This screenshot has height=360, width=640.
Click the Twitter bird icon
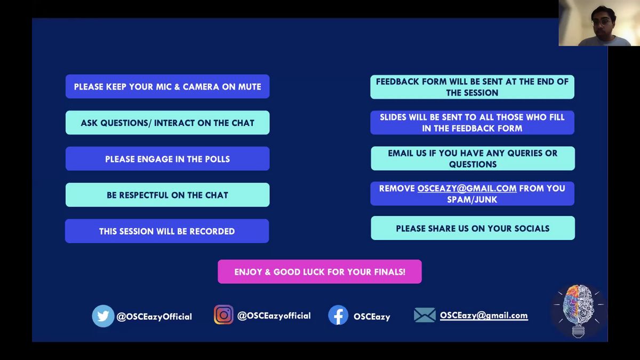point(103,316)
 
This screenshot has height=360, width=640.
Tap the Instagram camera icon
point(223,315)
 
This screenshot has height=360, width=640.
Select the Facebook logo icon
point(338,315)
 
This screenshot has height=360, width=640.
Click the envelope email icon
point(425,315)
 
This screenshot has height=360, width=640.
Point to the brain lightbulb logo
point(578,311)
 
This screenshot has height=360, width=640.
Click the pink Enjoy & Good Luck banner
point(319,271)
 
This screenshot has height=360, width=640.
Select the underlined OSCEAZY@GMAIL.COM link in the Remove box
point(467,189)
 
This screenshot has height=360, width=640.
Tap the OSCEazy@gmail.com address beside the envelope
point(484,315)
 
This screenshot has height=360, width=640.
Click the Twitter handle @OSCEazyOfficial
point(154,317)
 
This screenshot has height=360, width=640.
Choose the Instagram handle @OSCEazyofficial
point(274,316)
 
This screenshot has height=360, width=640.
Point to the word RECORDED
point(212,231)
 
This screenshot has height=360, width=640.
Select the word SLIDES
point(393,117)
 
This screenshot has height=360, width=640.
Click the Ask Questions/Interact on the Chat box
point(167,123)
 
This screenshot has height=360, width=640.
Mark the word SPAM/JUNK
point(472,199)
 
